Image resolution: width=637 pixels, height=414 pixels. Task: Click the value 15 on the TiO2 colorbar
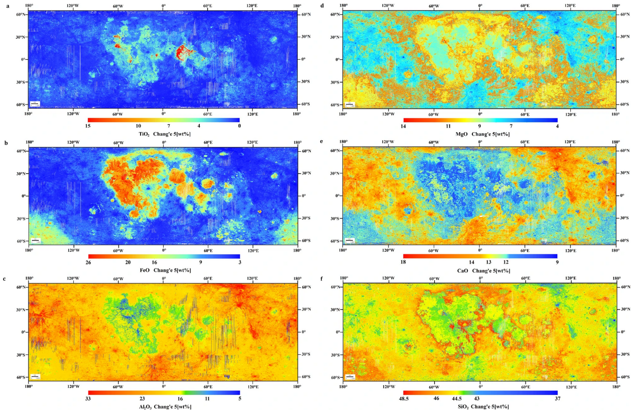click(x=88, y=126)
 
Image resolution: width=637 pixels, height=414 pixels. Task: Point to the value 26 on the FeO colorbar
click(x=88, y=262)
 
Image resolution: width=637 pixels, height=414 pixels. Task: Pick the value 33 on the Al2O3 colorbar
click(x=88, y=399)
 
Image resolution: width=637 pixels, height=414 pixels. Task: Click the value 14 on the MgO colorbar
click(x=403, y=126)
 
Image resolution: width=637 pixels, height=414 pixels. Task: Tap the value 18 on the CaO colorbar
click(x=403, y=262)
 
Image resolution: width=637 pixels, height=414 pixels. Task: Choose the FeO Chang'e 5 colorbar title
click(x=164, y=270)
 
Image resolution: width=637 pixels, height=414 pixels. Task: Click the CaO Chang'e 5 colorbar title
click(x=480, y=270)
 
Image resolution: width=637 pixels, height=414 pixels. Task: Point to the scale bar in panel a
click(x=35, y=104)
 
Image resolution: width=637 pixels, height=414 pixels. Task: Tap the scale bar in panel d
click(x=349, y=105)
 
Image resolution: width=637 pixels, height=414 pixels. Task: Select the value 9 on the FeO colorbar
click(x=200, y=262)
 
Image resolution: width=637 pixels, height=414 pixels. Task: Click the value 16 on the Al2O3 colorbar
click(x=179, y=399)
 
